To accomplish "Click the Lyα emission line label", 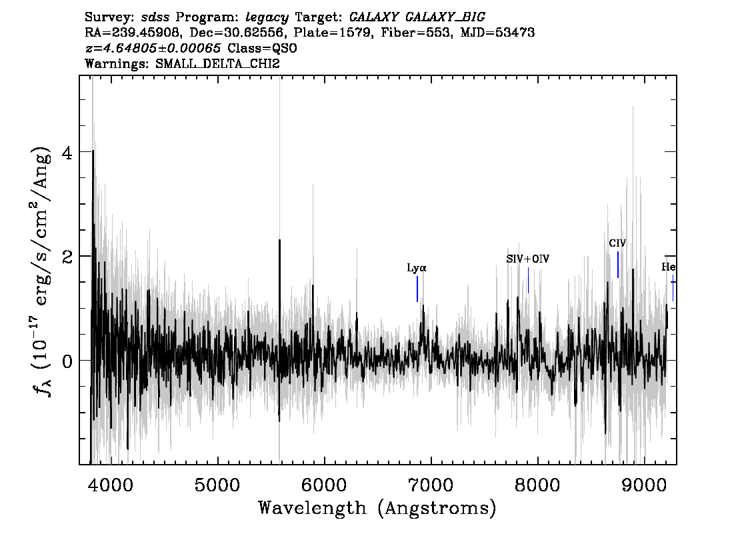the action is tap(417, 268).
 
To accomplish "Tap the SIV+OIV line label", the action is tap(527, 259).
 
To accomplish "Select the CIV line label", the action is tap(617, 243).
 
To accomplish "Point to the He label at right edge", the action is tap(668, 267).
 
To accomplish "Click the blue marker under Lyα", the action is tap(417, 289).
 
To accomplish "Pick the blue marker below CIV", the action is tap(617, 265).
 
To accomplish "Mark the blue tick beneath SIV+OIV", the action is tap(529, 280).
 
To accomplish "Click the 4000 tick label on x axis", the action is tap(111, 485).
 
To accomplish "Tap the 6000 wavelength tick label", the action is tap(324, 485).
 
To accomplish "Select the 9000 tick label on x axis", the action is tap(643, 485).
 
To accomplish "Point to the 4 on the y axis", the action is tap(67, 153).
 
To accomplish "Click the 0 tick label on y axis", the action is tap(67, 361).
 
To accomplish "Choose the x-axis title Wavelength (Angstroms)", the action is tap(377, 508).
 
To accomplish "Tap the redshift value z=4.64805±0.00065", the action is tap(153, 48).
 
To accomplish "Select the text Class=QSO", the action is tap(262, 48).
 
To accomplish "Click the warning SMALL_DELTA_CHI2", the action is tap(217, 63).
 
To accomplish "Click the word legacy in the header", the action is tap(267, 18).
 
